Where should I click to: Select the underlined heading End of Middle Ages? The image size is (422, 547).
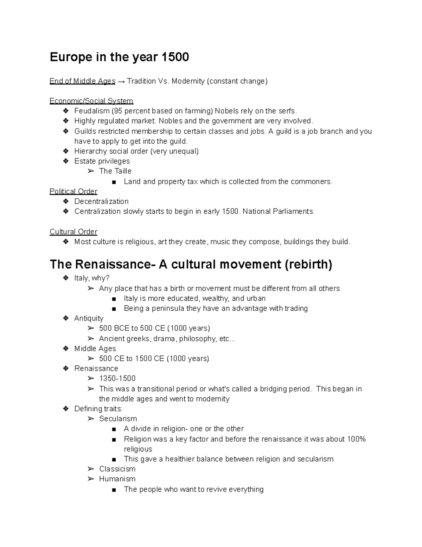click(82, 81)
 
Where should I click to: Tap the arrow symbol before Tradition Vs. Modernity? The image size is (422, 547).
click(121, 81)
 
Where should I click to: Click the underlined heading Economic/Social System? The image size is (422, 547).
click(91, 101)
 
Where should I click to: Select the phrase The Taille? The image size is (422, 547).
click(115, 171)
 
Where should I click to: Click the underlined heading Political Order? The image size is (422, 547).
click(73, 191)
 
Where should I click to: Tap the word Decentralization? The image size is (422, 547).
click(101, 201)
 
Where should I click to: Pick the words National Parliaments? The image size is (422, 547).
click(277, 211)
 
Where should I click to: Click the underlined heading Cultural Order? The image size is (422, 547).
click(73, 232)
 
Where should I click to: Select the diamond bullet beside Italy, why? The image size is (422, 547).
click(65, 278)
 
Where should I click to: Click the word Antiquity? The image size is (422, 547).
click(89, 318)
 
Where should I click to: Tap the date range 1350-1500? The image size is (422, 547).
click(117, 379)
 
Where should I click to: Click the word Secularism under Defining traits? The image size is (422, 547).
click(118, 419)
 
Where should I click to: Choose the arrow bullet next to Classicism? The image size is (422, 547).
click(91, 469)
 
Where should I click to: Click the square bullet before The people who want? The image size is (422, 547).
click(113, 490)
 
